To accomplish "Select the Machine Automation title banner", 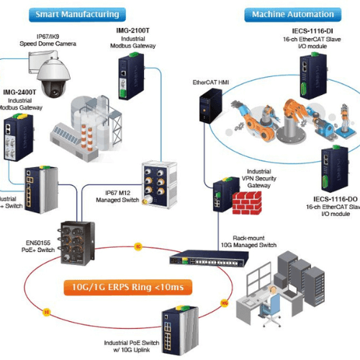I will pos(287,14).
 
